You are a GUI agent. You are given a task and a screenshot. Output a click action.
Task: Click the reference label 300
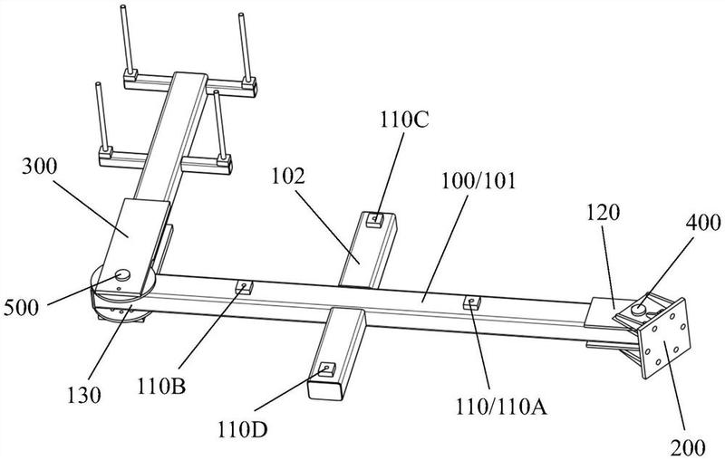(39, 167)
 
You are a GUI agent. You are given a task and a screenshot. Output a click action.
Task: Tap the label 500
(21, 308)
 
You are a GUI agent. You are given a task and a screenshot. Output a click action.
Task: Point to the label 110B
(161, 387)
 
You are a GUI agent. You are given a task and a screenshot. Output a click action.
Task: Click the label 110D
(243, 431)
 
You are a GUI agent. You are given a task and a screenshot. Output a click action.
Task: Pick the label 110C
(404, 120)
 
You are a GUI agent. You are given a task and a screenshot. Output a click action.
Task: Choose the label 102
(288, 177)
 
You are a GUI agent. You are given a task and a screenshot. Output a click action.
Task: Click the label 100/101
(478, 181)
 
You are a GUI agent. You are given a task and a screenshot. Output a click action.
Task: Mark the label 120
(603, 213)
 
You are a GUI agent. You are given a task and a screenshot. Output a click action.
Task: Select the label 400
(703, 223)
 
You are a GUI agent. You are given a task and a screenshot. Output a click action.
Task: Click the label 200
(688, 447)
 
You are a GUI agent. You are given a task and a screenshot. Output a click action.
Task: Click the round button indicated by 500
(123, 275)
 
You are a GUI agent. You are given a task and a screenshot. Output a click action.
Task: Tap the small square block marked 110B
(244, 287)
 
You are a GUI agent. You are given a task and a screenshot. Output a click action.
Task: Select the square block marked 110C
(375, 220)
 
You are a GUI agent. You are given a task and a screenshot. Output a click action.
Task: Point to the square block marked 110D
(327, 369)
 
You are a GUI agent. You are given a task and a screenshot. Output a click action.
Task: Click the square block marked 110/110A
(471, 302)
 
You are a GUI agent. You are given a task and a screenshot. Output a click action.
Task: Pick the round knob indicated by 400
(639, 309)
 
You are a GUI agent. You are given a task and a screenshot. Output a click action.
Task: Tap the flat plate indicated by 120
(604, 312)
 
